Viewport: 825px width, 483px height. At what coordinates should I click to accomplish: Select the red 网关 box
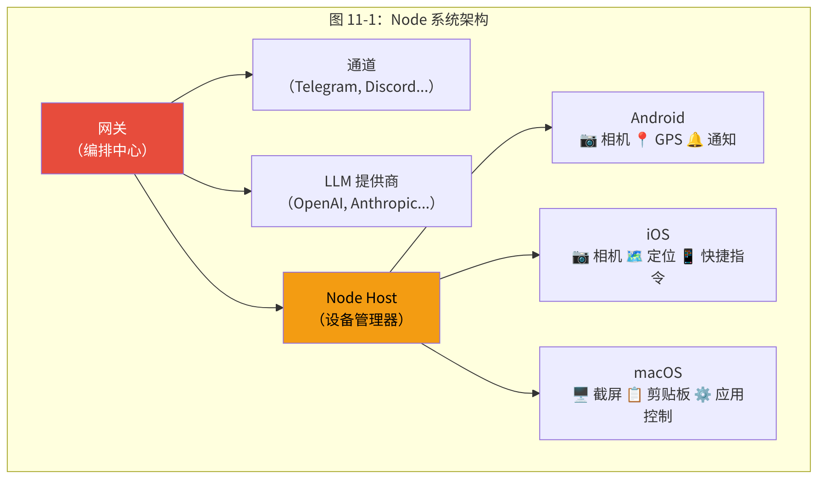[112, 138]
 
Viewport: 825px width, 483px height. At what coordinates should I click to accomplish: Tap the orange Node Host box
[361, 308]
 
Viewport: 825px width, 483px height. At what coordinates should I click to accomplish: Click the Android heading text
[657, 118]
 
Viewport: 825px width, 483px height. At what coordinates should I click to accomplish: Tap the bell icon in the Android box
[695, 140]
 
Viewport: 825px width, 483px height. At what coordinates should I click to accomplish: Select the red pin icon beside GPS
[642, 140]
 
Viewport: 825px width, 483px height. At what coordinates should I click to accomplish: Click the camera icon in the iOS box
[580, 257]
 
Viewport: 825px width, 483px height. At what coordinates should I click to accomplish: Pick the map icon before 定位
[634, 256]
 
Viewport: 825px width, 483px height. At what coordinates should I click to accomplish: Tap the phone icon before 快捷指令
[688, 256]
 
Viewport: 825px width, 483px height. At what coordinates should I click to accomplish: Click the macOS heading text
[658, 373]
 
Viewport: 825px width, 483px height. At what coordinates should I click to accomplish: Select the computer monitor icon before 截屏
[580, 394]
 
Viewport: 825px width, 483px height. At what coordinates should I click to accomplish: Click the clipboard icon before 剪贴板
[634, 394]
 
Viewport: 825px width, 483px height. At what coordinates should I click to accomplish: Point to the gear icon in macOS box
[702, 394]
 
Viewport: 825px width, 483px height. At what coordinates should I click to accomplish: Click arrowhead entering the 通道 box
[249, 74]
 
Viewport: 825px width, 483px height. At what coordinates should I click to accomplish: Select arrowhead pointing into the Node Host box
[279, 308]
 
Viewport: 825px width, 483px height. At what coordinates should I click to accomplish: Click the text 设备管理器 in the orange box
[362, 320]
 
